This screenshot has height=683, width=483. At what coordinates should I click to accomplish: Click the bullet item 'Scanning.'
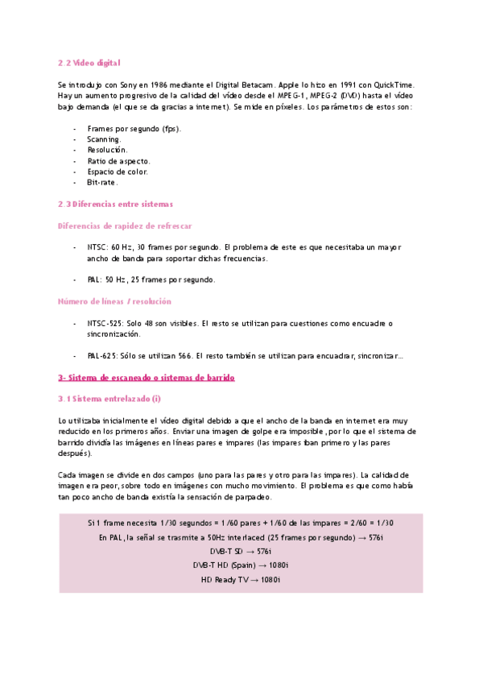tap(104, 139)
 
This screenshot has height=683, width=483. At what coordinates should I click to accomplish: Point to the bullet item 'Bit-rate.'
tap(102, 182)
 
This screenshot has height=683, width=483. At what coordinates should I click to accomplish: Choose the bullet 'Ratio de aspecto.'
tap(118, 160)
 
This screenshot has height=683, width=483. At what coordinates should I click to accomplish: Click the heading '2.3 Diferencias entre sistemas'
tap(115, 204)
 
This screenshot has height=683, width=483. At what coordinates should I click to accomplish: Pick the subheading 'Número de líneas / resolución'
tap(114, 301)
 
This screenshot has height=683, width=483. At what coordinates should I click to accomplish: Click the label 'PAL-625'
tap(104, 355)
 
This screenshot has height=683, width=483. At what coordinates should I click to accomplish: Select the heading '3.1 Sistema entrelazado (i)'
tap(109, 399)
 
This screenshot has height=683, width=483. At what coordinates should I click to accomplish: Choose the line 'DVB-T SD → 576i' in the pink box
tap(241, 550)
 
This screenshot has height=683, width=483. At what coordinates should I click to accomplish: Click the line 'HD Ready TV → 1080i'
tap(241, 579)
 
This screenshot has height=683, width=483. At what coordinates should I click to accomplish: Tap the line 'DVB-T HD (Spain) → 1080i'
tap(241, 565)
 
